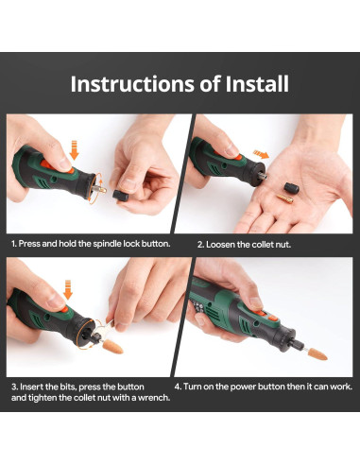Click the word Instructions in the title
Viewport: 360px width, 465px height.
(x=132, y=84)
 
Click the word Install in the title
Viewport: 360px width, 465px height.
(x=257, y=84)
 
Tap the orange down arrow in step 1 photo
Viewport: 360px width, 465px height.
(x=74, y=150)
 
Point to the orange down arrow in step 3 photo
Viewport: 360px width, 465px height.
(x=68, y=290)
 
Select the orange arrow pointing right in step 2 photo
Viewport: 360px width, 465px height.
(x=261, y=154)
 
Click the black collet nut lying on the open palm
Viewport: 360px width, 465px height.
(x=291, y=188)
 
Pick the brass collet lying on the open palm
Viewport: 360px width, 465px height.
(x=285, y=198)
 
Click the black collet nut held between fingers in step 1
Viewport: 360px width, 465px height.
(x=120, y=196)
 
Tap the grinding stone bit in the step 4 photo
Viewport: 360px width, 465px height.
(x=317, y=354)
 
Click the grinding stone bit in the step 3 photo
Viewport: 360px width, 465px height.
(x=112, y=347)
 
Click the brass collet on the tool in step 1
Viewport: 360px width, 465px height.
(x=102, y=190)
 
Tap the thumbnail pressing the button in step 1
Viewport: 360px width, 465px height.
(x=65, y=164)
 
